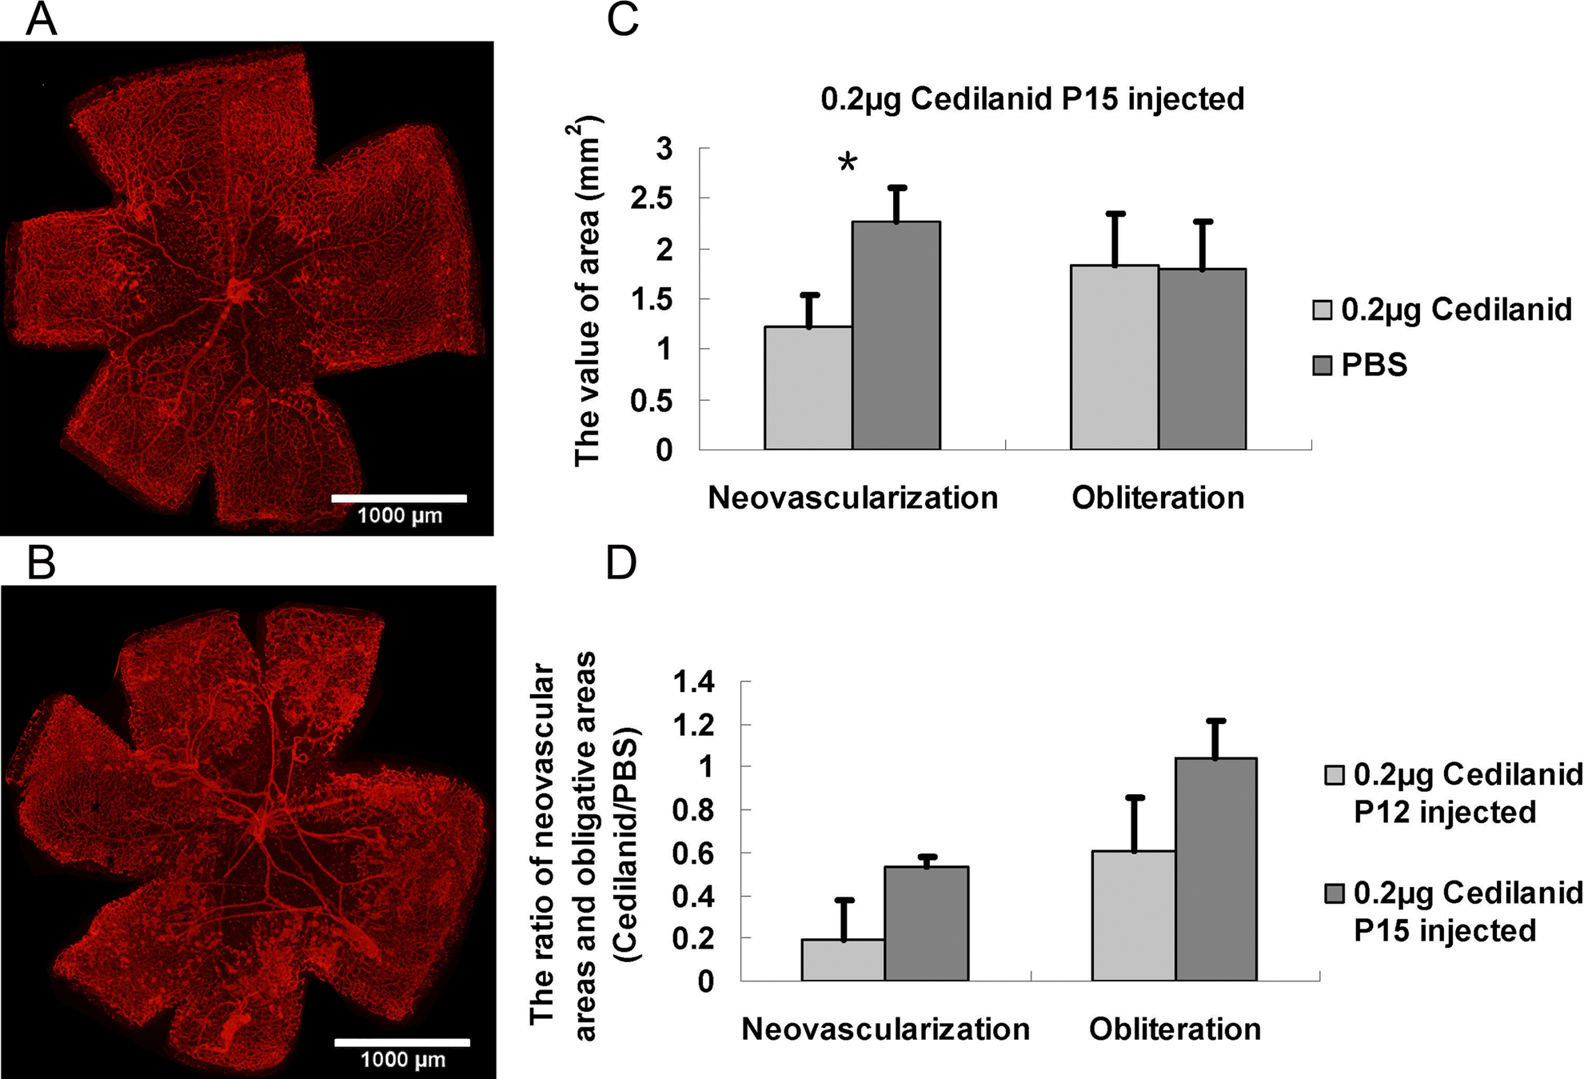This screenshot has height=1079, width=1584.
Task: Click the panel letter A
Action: [x=41, y=19]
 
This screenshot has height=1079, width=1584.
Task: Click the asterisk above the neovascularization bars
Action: [x=848, y=163]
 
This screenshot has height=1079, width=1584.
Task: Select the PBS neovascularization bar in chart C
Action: [x=896, y=336]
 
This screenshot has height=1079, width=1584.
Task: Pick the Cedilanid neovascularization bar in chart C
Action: [x=808, y=388]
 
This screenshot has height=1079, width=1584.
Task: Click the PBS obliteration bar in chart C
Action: [x=1202, y=359]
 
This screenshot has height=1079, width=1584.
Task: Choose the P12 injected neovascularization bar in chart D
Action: [x=844, y=960]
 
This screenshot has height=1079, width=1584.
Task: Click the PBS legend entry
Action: [x=1359, y=366]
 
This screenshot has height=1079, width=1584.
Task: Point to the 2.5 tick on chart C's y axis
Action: [x=652, y=198]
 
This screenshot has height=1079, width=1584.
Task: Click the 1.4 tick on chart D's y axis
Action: [x=693, y=682]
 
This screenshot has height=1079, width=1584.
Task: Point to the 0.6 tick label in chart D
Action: [x=693, y=853]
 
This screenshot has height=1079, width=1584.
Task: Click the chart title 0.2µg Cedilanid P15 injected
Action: [x=1032, y=99]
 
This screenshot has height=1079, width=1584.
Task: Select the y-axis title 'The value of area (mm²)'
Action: [x=588, y=292]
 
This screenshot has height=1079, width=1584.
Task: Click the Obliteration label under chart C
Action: [x=1158, y=498]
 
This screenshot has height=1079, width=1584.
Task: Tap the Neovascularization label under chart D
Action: [x=885, y=1029]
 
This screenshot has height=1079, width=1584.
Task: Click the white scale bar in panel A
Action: [x=399, y=498]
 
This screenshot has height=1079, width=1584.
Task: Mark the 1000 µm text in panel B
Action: [x=402, y=1060]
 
